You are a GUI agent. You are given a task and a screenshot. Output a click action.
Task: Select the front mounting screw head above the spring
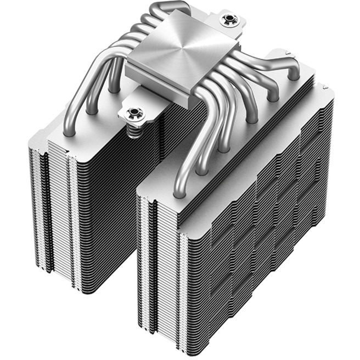point(132,114)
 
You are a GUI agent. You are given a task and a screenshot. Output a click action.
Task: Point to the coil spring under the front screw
point(132,130)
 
